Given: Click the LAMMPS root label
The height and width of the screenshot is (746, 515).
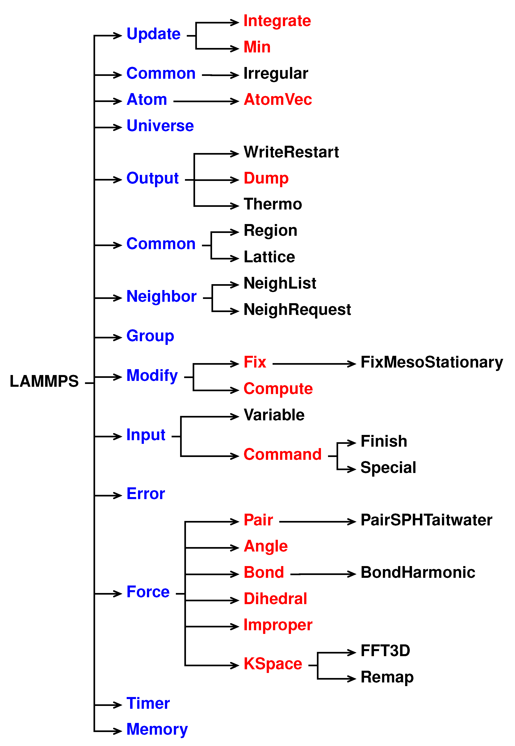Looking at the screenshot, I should point(44,381).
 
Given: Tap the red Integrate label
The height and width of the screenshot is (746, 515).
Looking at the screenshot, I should point(277,21).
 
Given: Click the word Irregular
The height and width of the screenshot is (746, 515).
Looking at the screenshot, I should point(276,73).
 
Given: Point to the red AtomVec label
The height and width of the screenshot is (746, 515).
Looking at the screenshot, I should point(278,99).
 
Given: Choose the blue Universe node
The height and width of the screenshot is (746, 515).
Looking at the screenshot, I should point(160,126).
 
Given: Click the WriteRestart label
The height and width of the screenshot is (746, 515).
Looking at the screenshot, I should point(291,152).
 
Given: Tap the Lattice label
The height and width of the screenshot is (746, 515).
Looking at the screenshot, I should point(269,257).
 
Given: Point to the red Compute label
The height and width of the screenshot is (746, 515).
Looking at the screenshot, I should point(278,389).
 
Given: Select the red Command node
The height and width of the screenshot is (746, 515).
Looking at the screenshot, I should point(282,455).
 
